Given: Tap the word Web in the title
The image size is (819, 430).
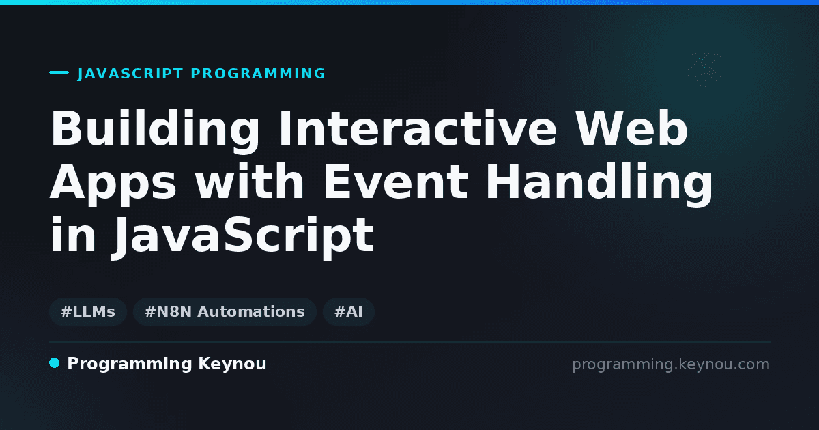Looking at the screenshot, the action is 631,128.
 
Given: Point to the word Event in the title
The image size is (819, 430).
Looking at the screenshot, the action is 395,181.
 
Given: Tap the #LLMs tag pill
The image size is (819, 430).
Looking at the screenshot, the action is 88,311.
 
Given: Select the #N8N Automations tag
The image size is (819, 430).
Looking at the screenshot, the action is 225,311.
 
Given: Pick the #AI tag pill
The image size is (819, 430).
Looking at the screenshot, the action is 349,311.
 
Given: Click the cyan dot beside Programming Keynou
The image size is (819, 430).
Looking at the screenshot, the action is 54,363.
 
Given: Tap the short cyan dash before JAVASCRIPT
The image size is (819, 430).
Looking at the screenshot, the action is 59,72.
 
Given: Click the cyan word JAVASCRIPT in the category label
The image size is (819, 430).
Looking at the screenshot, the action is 130,74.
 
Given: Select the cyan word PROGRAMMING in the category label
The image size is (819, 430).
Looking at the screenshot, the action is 258,74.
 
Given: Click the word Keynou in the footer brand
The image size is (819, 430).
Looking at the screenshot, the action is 232,364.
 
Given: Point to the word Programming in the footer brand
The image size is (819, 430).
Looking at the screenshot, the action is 130,364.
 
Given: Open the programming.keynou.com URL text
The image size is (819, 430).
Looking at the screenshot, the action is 671,364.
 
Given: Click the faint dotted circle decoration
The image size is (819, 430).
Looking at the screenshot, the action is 706,69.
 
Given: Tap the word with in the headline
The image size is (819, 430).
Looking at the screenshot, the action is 249,181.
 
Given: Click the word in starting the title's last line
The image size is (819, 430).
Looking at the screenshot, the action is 73,234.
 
